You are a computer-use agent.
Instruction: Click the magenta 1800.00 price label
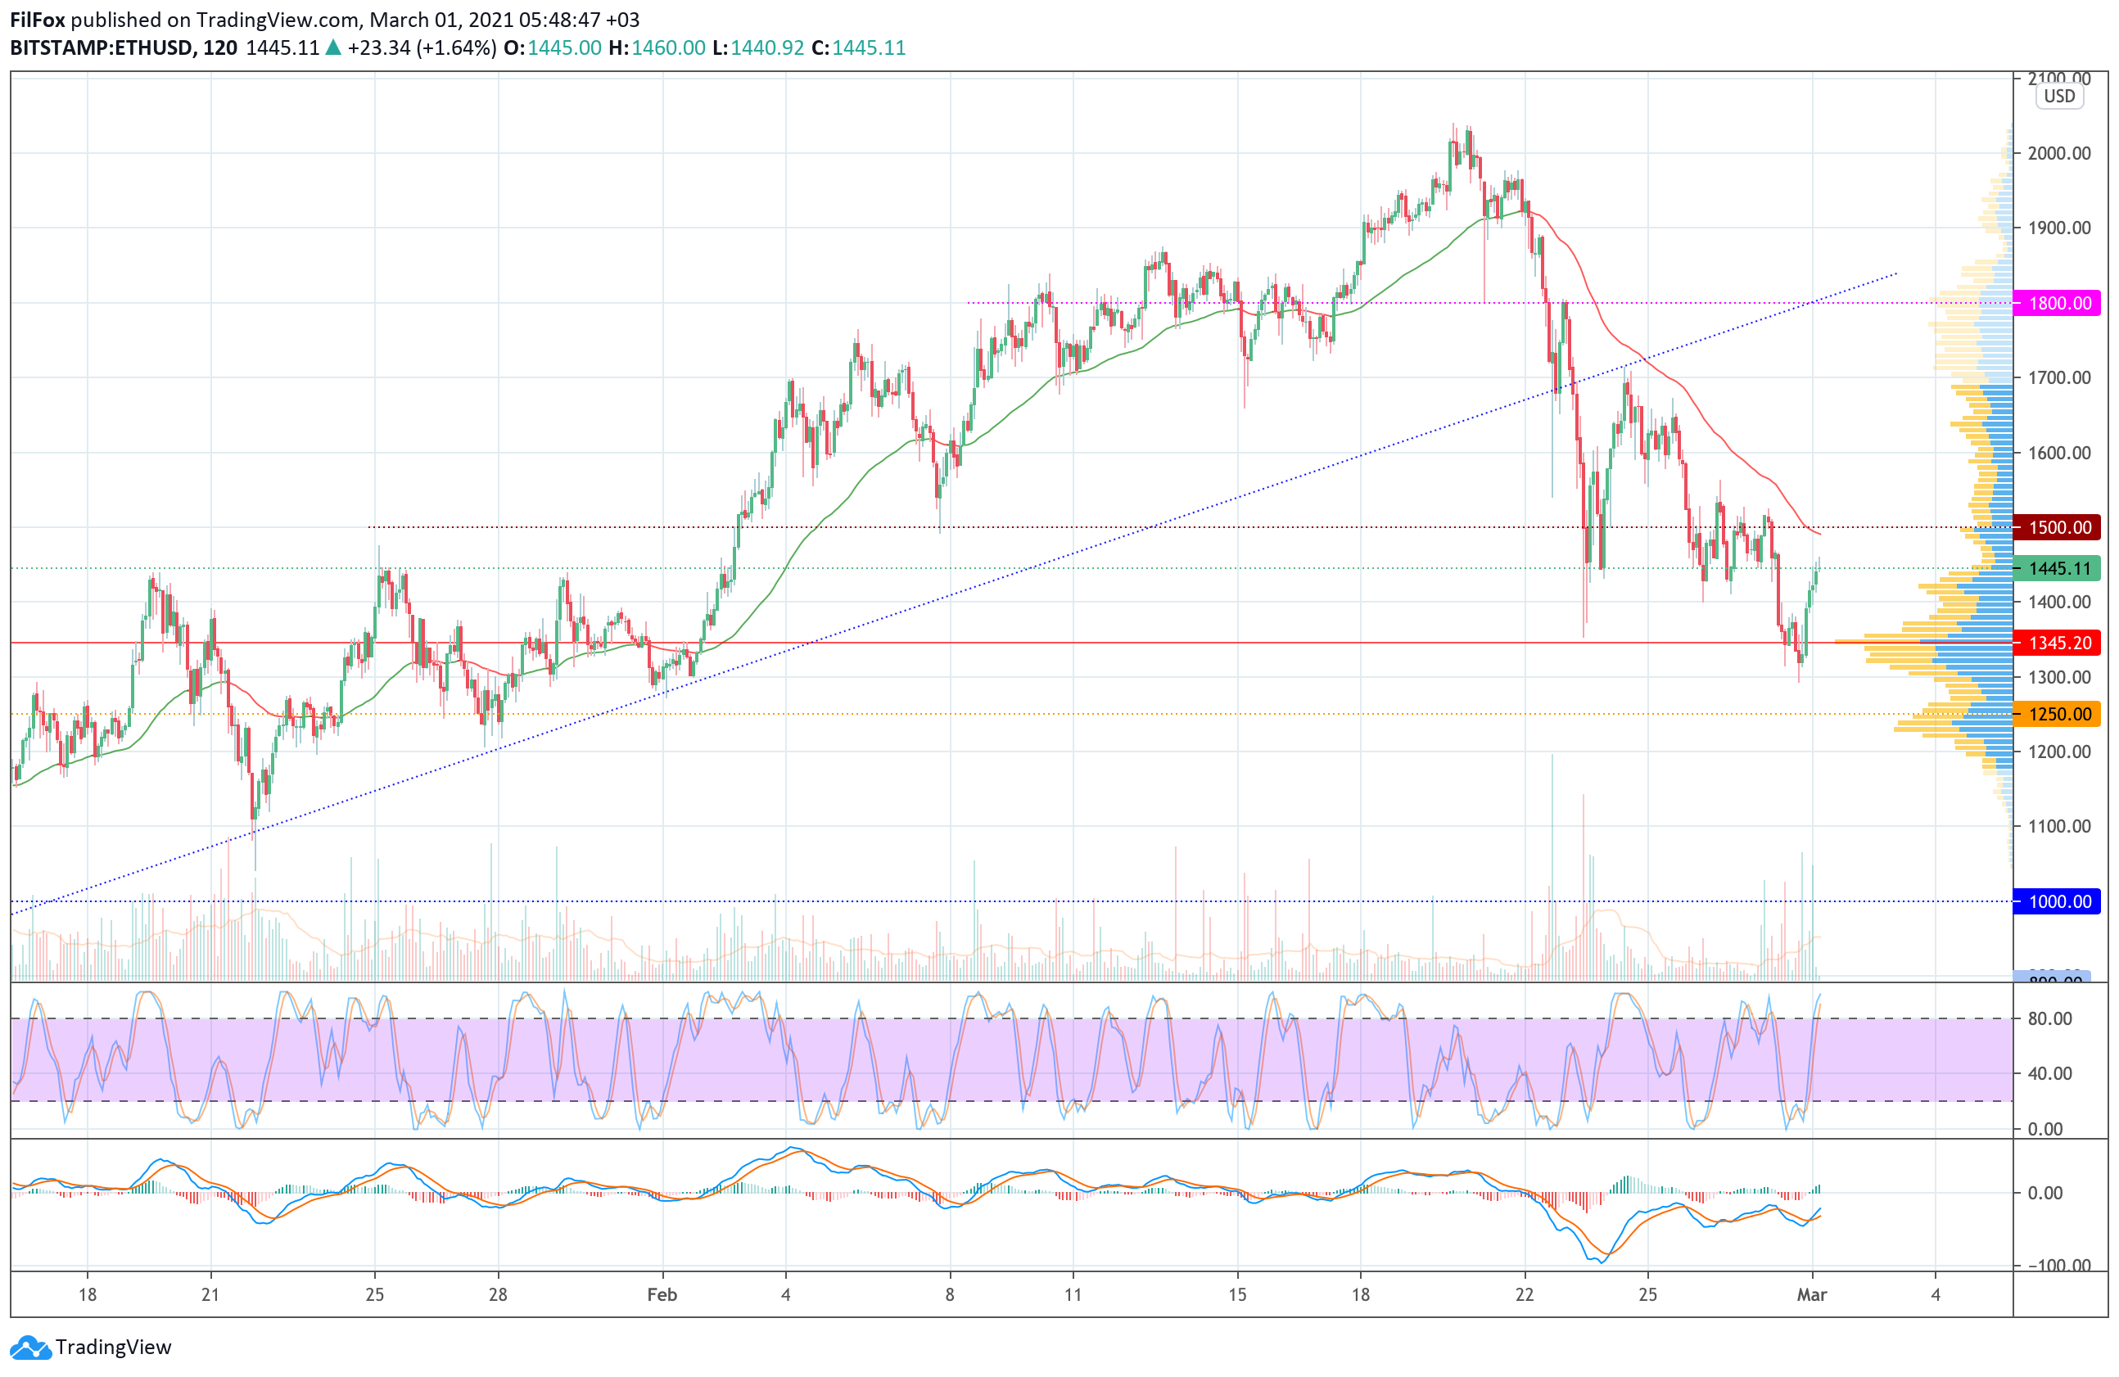pyautogui.click(x=2059, y=304)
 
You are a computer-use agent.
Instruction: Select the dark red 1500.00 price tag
pyautogui.click(x=2059, y=528)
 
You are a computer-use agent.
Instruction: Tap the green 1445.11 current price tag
pyautogui.click(x=2059, y=569)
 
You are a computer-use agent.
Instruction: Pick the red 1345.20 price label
pyautogui.click(x=2059, y=643)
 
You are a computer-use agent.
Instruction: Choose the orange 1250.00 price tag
pyautogui.click(x=2059, y=715)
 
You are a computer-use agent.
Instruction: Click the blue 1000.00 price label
pyautogui.click(x=2059, y=901)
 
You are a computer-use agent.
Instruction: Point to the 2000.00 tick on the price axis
pyautogui.click(x=2058, y=153)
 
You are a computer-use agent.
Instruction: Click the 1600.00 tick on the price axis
pyautogui.click(x=2058, y=453)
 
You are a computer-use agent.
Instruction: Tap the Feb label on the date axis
pyautogui.click(x=662, y=1295)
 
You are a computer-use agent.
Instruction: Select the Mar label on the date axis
pyautogui.click(x=1812, y=1295)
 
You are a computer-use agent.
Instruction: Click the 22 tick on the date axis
pyautogui.click(x=1525, y=1295)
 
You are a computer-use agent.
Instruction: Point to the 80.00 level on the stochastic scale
pyautogui.click(x=2049, y=1019)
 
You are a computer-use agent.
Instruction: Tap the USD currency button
pyautogui.click(x=2059, y=96)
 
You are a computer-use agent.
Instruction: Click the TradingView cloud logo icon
pyautogui.click(x=31, y=1348)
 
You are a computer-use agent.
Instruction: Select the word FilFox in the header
pyautogui.click(x=38, y=20)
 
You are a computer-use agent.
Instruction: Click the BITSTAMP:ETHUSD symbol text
pyautogui.click(x=102, y=48)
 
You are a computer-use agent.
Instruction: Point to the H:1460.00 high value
pyautogui.click(x=657, y=48)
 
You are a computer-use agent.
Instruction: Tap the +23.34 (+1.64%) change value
pyautogui.click(x=422, y=48)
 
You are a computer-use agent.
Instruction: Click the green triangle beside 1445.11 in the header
pyautogui.click(x=333, y=48)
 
